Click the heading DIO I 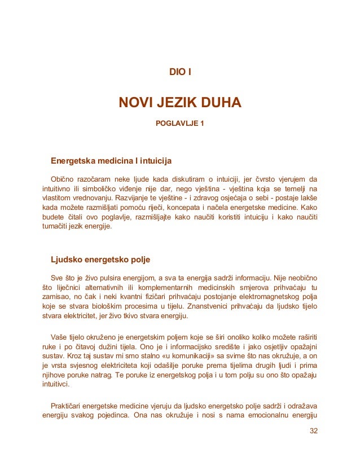pos(179,72)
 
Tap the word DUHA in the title pos(221,103)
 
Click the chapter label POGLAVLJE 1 pos(179,122)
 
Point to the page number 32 pos(314,432)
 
